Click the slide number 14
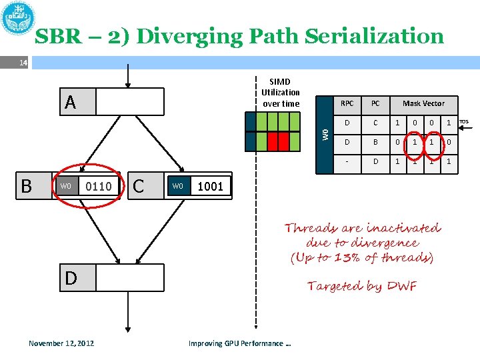tap(23, 63)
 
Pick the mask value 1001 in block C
tap(211, 186)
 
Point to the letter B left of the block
tap(26, 185)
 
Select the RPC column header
tap(347, 103)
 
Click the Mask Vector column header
tap(423, 103)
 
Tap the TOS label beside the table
tap(464, 122)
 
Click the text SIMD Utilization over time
tap(281, 93)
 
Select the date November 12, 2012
tap(61, 343)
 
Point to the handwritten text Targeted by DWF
tap(362, 287)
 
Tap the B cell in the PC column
tap(375, 141)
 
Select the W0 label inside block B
tap(65, 186)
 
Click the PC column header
tap(375, 103)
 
